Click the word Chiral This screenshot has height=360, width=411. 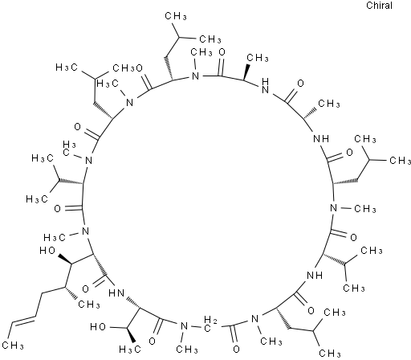pyautogui.click(x=379, y=6)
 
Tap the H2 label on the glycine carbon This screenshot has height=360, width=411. pyautogui.click(x=210, y=320)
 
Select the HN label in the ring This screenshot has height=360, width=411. pyautogui.click(x=116, y=293)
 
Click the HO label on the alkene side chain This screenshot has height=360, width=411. pyautogui.click(x=47, y=251)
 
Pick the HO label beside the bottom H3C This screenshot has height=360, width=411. pyautogui.click(x=98, y=327)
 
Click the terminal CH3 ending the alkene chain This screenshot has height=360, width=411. pyautogui.click(x=13, y=346)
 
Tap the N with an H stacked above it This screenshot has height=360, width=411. pyautogui.click(x=265, y=85)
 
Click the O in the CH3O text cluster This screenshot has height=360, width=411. pyautogui.click(x=140, y=68)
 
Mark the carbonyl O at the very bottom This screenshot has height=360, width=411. pyautogui.click(x=236, y=349)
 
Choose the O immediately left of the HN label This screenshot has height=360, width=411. pyautogui.click(x=85, y=288)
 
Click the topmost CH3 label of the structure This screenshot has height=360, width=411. pyautogui.click(x=176, y=16)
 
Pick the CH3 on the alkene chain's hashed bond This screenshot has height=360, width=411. pyautogui.click(x=88, y=305)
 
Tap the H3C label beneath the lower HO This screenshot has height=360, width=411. pyautogui.click(x=130, y=349)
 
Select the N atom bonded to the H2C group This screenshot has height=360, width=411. pyautogui.click(x=184, y=326)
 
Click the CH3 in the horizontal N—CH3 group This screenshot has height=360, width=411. pyautogui.click(x=365, y=209)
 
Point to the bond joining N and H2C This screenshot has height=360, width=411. pyautogui.click(x=197, y=326)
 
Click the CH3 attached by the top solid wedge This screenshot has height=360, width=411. pyautogui.click(x=257, y=58)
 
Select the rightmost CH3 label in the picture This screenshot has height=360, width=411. pyautogui.click(x=400, y=161)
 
